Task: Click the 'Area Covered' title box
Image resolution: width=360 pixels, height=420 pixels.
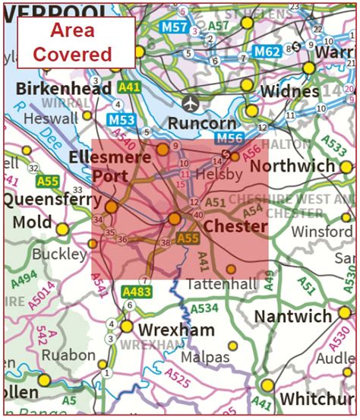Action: [x=76, y=42]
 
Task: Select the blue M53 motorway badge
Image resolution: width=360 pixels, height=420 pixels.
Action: [x=122, y=120]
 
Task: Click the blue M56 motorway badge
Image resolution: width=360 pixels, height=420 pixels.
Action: [x=230, y=137]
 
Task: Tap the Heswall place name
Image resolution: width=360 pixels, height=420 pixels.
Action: [x=51, y=118]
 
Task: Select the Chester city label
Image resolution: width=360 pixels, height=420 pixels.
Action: [x=235, y=226]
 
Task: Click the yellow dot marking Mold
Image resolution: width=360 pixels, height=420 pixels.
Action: [x=62, y=228]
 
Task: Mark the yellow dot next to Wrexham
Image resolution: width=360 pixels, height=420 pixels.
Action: [x=126, y=327]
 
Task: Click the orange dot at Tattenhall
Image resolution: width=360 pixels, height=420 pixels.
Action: [x=231, y=269]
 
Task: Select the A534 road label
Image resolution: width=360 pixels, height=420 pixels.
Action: [x=204, y=309]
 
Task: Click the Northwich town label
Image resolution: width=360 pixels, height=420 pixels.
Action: [x=292, y=166]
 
